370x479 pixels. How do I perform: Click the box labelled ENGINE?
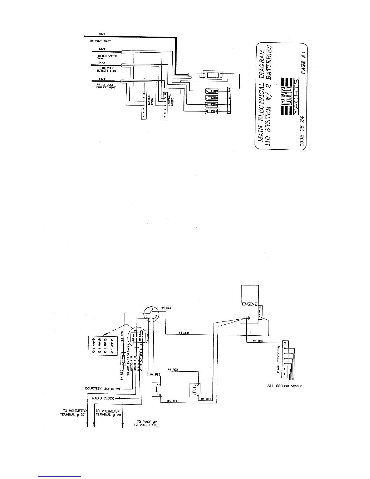pyautogui.click(x=249, y=304)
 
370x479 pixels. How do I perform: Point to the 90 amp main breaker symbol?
pyautogui.click(x=123, y=360)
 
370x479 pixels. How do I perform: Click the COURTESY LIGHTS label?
pyautogui.click(x=100, y=389)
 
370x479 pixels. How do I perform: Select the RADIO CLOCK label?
pyautogui.click(x=103, y=398)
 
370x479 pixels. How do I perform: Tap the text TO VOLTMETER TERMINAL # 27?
pyautogui.click(x=74, y=413)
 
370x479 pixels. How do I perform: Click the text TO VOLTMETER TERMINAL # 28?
pyautogui.click(x=108, y=413)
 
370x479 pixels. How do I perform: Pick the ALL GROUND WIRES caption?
pyautogui.click(x=284, y=386)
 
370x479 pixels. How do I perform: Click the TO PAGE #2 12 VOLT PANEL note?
pyautogui.click(x=146, y=423)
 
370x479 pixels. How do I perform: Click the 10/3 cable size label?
pyautogui.click(x=102, y=34)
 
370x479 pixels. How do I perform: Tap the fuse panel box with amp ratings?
pyautogui.click(x=102, y=346)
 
